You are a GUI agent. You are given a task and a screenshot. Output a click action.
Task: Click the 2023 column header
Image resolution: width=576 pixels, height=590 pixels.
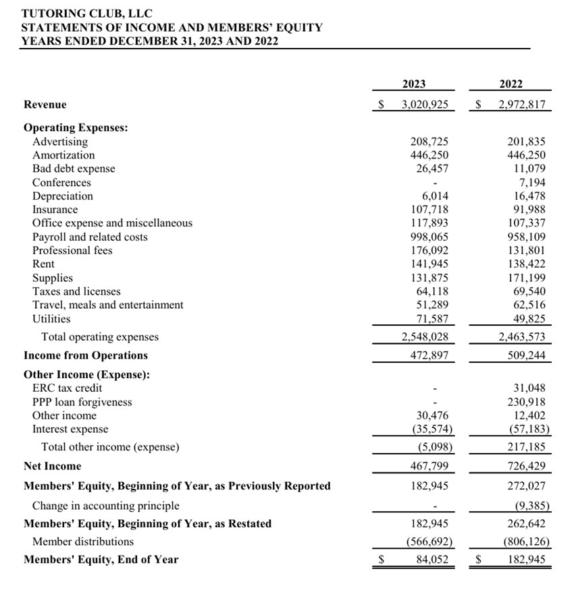click(x=414, y=84)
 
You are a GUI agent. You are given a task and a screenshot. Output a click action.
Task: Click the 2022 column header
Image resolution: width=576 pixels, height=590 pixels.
click(x=510, y=84)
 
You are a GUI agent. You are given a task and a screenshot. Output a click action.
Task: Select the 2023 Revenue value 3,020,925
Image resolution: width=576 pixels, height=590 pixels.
click(x=425, y=105)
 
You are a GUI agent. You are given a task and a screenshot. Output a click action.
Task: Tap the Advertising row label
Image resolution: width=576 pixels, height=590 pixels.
click(x=60, y=142)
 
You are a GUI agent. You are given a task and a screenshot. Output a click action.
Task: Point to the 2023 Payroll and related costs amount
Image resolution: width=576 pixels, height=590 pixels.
click(x=429, y=237)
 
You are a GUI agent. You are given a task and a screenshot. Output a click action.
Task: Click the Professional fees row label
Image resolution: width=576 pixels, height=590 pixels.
click(x=72, y=250)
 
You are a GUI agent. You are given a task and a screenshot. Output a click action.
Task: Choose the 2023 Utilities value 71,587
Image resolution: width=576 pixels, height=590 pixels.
click(x=432, y=318)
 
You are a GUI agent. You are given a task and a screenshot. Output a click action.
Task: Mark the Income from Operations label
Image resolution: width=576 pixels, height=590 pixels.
click(x=86, y=355)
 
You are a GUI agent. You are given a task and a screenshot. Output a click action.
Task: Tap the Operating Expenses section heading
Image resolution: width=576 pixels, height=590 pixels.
click(x=76, y=127)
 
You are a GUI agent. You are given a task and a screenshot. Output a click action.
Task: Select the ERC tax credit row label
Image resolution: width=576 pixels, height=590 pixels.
click(x=68, y=388)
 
